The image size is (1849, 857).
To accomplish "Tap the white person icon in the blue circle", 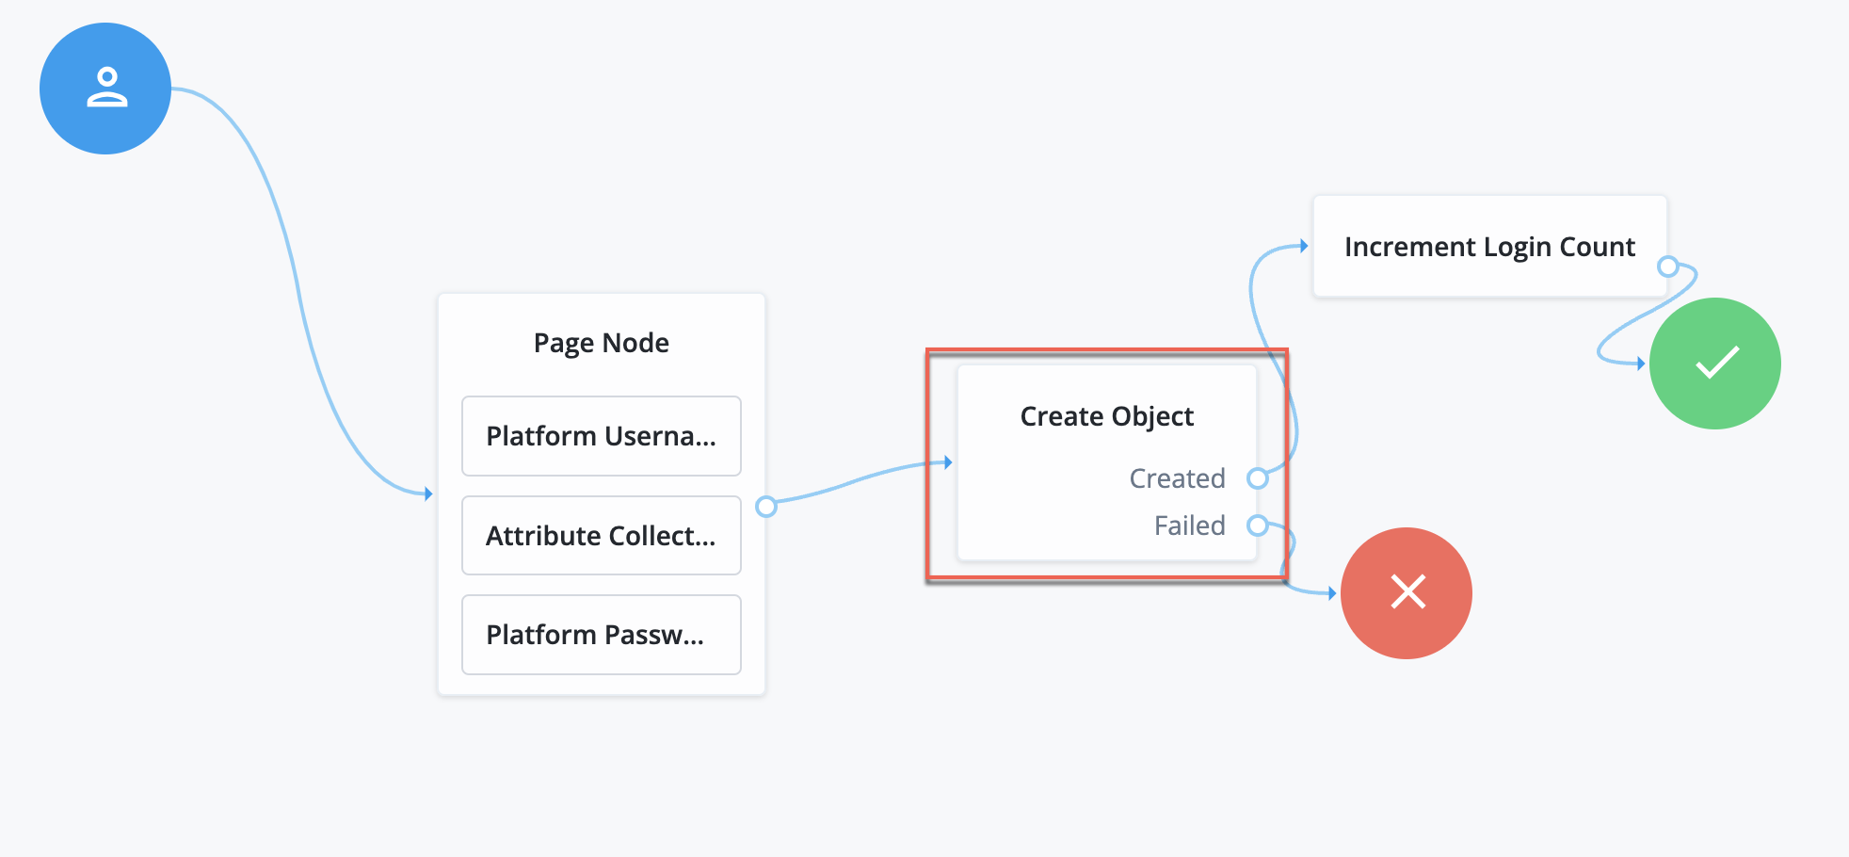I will pos(106,88).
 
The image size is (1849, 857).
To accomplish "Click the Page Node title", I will pos(601,343).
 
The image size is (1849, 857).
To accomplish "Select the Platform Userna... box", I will pos(601,436).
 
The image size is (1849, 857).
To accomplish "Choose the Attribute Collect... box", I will pos(601,535).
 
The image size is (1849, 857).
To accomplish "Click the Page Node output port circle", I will pos(766,507).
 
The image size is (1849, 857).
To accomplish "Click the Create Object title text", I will pos(1106,416).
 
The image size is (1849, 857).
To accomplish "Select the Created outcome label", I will pos(1177,478).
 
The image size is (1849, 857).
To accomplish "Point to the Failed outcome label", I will pos(1189,526).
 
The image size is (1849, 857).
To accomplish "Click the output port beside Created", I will pos(1258,478).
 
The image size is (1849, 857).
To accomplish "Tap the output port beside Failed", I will pos(1258,526).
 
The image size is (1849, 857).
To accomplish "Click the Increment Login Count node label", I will pos(1489,247).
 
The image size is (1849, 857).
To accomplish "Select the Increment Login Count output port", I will pos(1668,266).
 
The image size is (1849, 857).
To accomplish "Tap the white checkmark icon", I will pos(1717,363).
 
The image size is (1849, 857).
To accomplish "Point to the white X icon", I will pos(1407,592).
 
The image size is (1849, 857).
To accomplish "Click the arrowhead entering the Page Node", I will pos(428,493).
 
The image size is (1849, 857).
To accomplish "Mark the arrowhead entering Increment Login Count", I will pos(1304,246).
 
